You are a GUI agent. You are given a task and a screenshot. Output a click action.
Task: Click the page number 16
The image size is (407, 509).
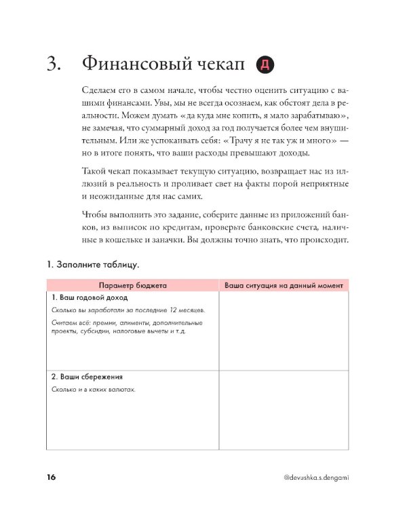tap(52, 478)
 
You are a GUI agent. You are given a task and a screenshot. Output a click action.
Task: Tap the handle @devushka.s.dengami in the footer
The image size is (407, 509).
tap(315, 478)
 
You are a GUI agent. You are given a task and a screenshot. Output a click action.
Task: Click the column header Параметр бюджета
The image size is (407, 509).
tap(132, 285)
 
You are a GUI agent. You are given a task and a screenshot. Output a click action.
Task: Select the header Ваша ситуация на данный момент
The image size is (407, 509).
tap(283, 285)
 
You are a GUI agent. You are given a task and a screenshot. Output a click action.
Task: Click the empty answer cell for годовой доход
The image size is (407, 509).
tap(283, 331)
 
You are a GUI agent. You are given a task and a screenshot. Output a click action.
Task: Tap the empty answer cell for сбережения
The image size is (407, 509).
tap(283, 410)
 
